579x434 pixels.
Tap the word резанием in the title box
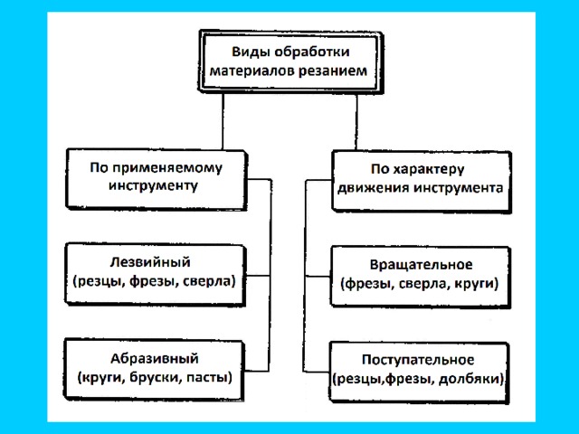click(x=329, y=70)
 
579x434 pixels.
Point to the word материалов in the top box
click(x=251, y=70)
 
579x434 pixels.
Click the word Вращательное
click(x=421, y=265)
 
